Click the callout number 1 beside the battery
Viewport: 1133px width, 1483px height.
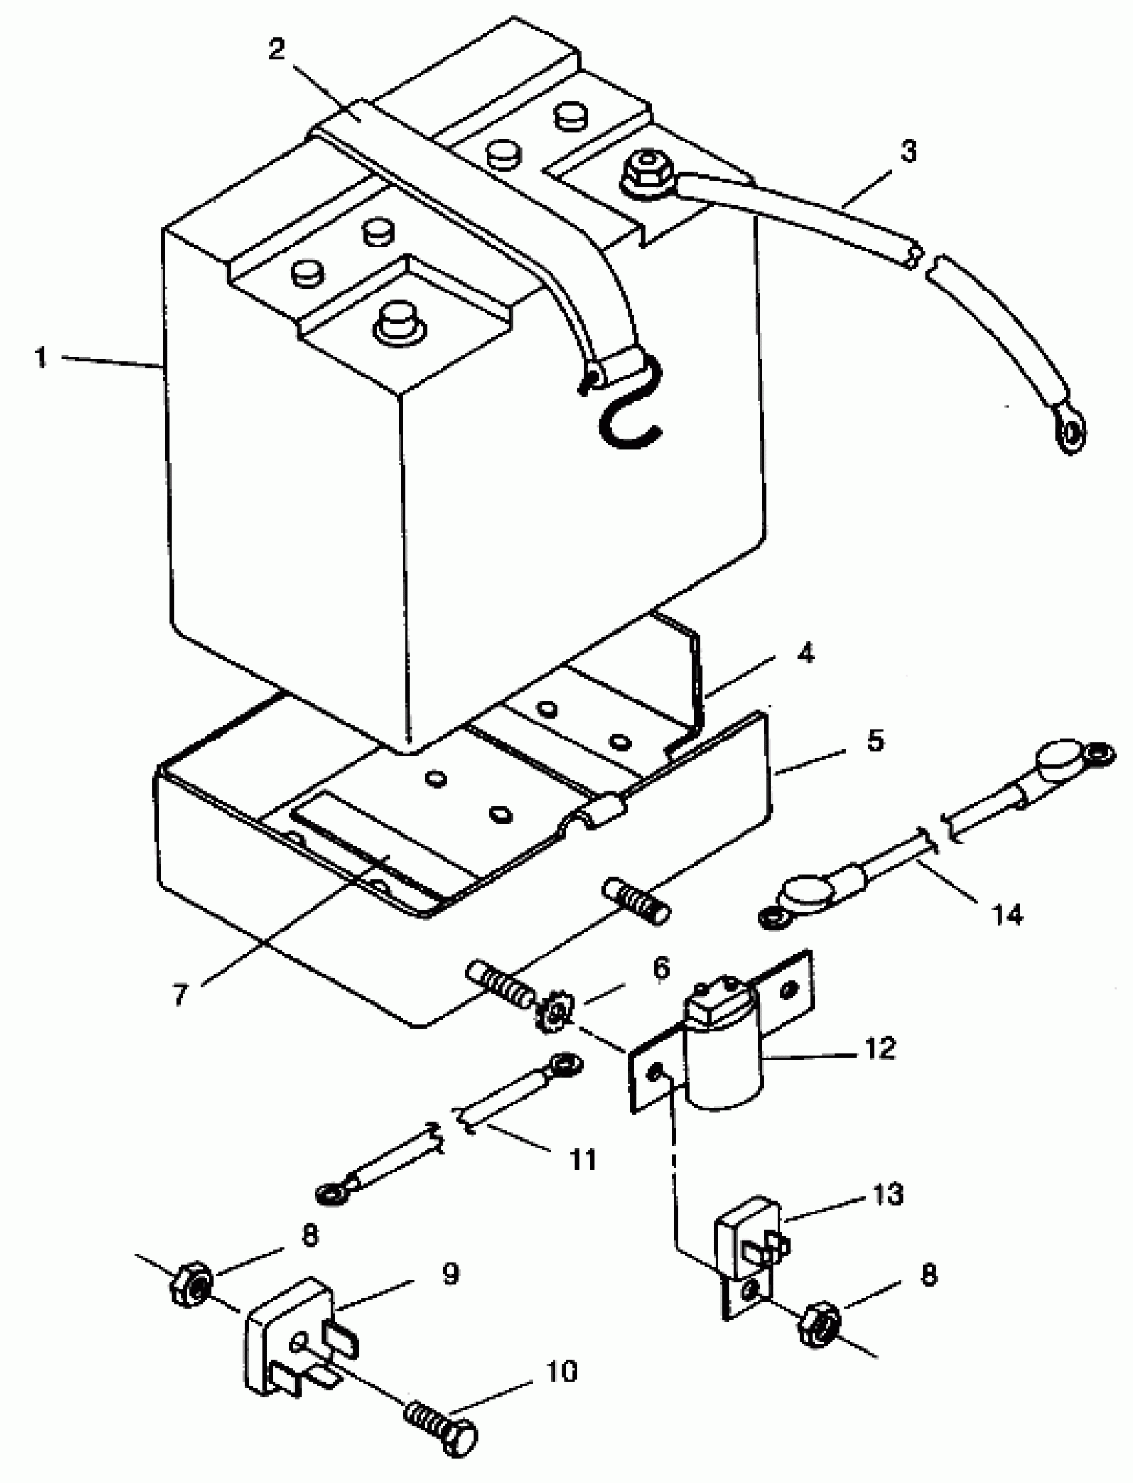point(42,357)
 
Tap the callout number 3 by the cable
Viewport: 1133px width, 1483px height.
point(908,152)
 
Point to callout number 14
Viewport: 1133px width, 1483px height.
point(1007,914)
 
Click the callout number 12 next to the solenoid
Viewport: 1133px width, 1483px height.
point(879,1048)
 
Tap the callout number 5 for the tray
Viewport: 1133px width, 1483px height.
point(874,741)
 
